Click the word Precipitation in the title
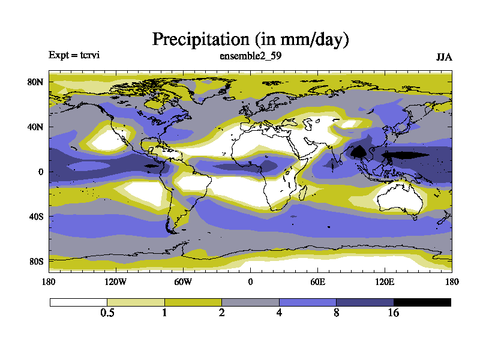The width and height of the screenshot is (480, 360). click(200, 40)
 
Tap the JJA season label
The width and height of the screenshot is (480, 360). click(443, 57)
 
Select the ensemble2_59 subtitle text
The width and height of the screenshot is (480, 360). click(251, 56)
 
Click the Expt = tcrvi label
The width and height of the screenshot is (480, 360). click(74, 55)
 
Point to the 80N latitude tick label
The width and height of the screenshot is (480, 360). click(36, 82)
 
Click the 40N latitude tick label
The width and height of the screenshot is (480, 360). click(36, 127)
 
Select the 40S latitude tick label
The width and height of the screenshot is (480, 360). click(36, 216)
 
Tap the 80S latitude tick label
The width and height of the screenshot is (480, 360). click(36, 262)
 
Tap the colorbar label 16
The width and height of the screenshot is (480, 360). click(394, 313)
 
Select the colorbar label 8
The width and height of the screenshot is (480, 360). click(337, 313)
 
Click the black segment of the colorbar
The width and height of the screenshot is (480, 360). click(422, 302)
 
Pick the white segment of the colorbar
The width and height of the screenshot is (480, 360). click(79, 302)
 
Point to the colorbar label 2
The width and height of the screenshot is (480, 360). click(222, 313)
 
